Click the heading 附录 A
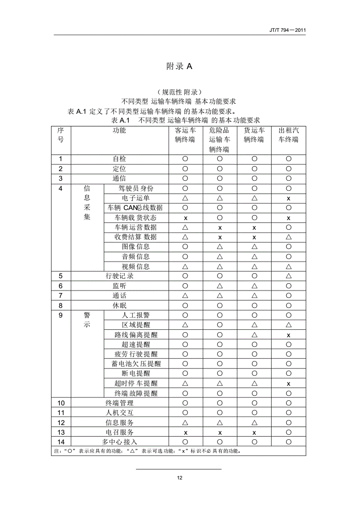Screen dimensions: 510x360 (x=179, y=66)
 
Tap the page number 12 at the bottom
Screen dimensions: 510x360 (x=180, y=478)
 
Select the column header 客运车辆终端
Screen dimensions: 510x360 (x=185, y=135)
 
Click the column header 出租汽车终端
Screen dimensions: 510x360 (x=288, y=135)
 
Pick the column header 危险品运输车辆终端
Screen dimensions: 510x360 (x=219, y=140)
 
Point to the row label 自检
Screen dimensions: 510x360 (x=119, y=159)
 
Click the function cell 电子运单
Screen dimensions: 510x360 (x=136, y=198)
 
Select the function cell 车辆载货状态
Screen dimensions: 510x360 (x=136, y=218)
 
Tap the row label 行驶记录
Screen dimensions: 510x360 (x=119, y=276)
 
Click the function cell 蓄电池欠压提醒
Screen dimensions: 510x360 (x=136, y=364)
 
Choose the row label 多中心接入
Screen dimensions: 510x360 (x=119, y=442)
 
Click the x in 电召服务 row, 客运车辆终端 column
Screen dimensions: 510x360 (x=185, y=433)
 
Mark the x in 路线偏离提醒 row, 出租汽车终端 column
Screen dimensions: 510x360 (x=288, y=335)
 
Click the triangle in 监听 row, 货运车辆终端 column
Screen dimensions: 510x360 (x=254, y=286)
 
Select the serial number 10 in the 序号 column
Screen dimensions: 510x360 (x=61, y=403)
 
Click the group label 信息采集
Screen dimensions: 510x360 (x=87, y=203)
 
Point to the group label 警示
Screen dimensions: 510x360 (x=87, y=320)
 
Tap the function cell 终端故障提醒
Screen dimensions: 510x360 (x=136, y=393)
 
